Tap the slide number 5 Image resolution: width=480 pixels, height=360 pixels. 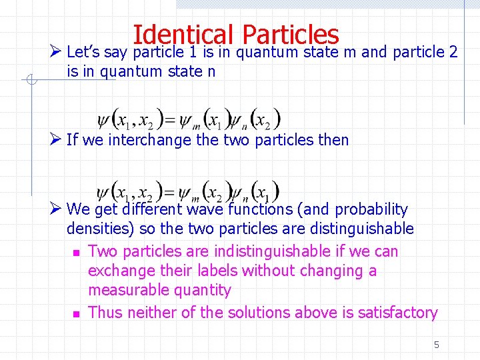[x=437, y=345]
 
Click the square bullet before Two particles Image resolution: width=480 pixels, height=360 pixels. [x=76, y=253]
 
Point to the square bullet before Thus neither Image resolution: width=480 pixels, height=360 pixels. [x=76, y=313]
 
